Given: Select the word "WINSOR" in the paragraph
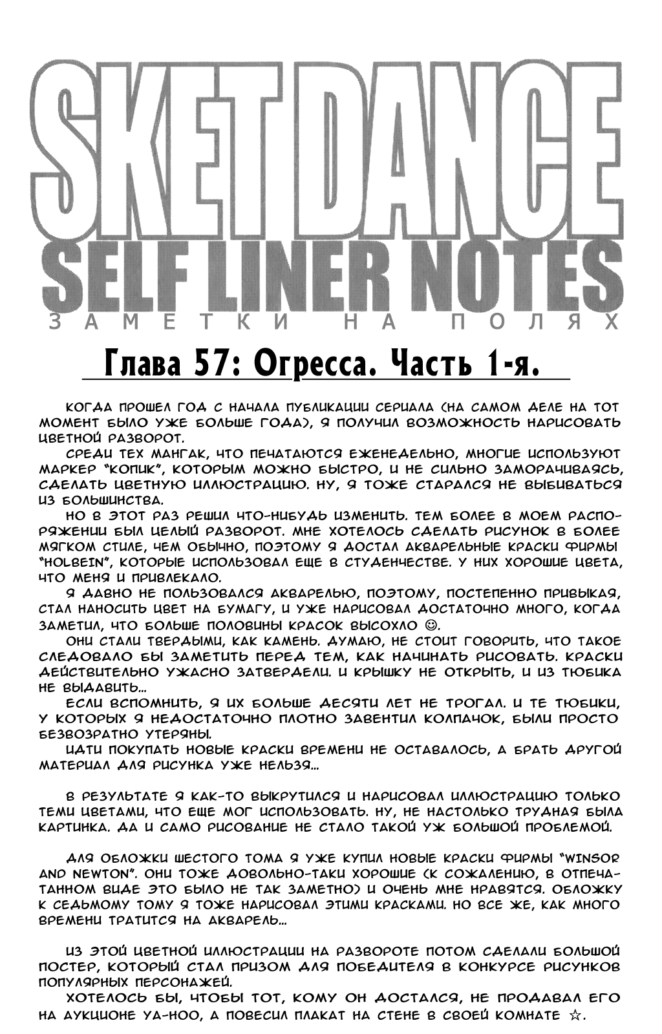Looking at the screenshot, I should click(x=588, y=858).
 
